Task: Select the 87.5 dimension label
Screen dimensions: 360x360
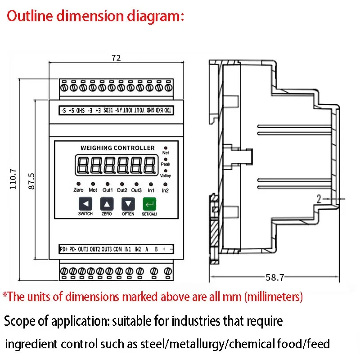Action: [x=31, y=180]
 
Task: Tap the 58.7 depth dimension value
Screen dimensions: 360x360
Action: [x=274, y=278]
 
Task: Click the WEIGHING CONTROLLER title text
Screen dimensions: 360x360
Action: [x=117, y=148]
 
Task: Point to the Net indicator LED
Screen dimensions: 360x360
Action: [x=166, y=148]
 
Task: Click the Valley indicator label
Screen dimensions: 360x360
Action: [x=166, y=176]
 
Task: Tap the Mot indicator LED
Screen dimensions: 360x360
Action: [x=93, y=184]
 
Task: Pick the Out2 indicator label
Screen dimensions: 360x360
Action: [x=122, y=190]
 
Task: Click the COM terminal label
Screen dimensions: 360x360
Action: [x=117, y=249]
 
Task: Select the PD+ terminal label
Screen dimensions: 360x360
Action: [x=63, y=249]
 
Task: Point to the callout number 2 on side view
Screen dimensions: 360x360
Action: [x=318, y=199]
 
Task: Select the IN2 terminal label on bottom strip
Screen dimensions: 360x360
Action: [x=138, y=249]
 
